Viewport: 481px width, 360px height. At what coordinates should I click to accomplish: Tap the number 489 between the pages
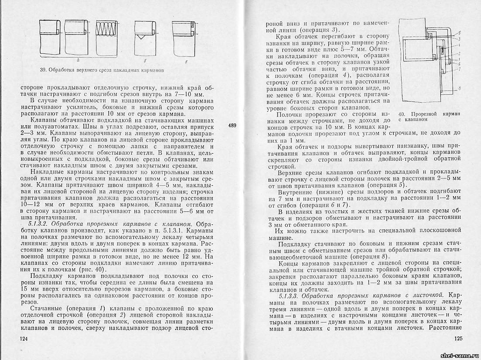tap(232, 126)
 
